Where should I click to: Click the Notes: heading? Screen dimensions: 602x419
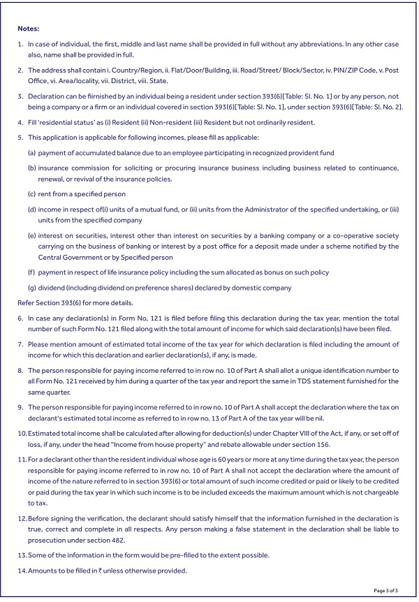(x=29, y=29)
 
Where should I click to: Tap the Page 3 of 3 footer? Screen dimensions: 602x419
(x=386, y=591)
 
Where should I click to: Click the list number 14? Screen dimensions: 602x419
(x=22, y=571)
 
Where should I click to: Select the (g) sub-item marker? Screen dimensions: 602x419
(x=31, y=288)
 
